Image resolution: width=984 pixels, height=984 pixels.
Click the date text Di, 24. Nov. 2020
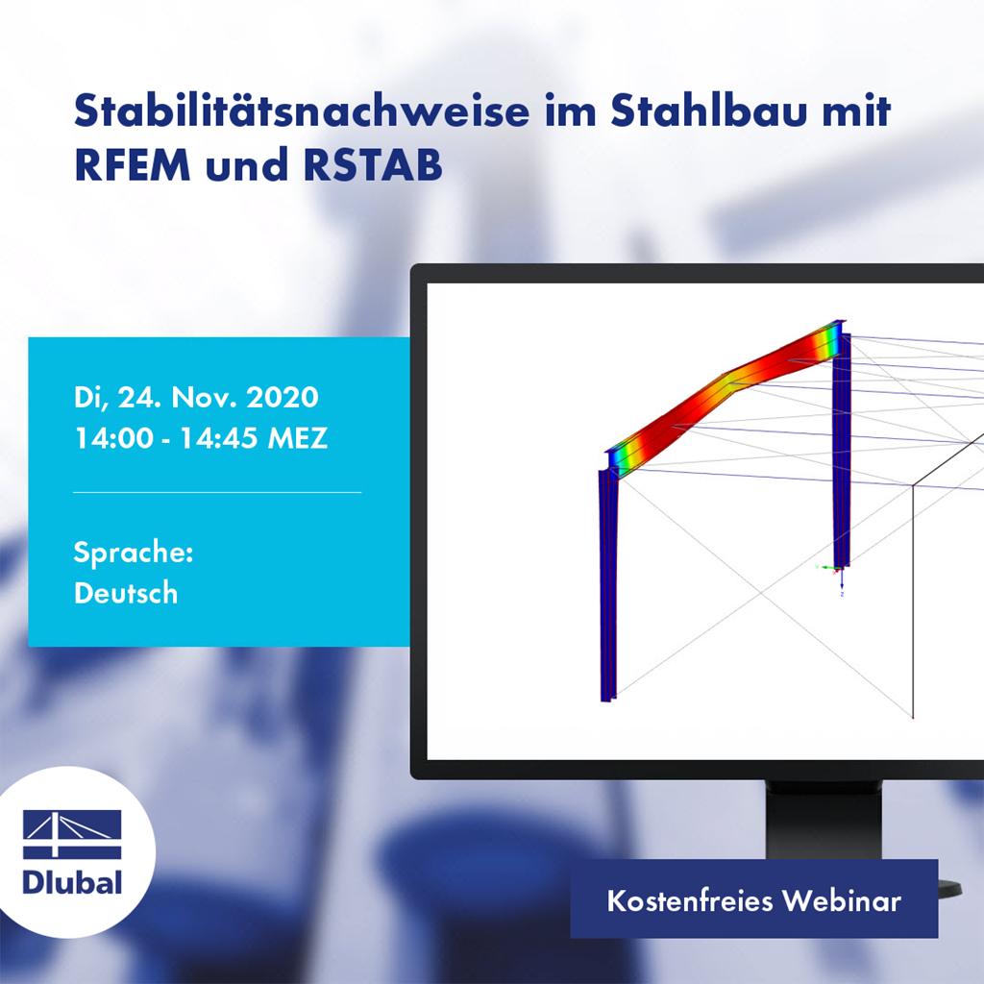point(195,397)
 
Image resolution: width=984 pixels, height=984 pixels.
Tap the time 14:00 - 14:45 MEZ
point(201,438)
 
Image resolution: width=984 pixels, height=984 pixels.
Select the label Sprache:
point(134,553)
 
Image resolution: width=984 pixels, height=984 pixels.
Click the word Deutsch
point(126,593)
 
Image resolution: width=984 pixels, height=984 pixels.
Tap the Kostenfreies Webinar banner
point(753,900)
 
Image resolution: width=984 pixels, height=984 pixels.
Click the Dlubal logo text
point(72,882)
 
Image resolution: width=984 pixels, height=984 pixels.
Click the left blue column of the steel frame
point(607,586)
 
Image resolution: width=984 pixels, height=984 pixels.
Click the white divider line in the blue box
point(217,492)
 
